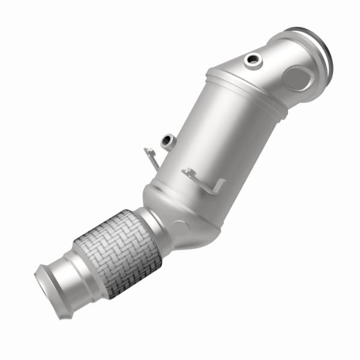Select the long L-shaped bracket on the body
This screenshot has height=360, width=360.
coord(204,182)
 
